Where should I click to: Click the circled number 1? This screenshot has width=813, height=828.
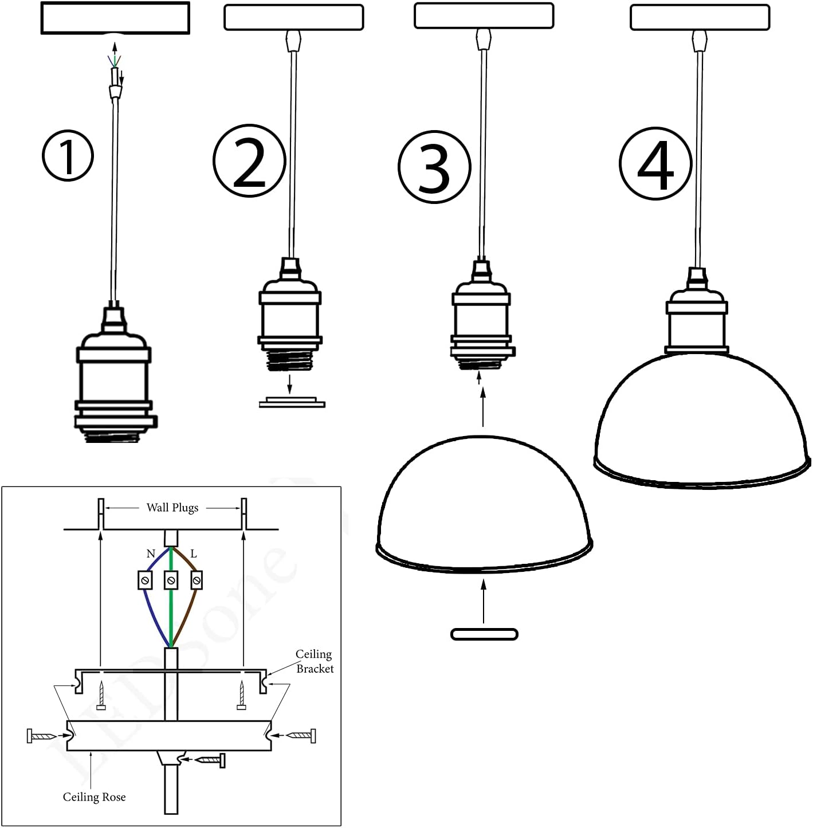point(68,156)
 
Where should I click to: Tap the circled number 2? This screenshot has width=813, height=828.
point(249,161)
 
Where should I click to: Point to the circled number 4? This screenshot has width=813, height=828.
point(655,164)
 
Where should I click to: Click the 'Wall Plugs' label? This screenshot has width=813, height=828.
point(172,508)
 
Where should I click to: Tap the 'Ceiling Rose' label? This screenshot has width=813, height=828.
point(94,797)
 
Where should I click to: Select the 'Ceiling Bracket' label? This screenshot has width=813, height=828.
point(314,661)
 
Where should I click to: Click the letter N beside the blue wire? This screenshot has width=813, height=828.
point(151,554)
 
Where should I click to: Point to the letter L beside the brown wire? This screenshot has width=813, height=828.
point(194,554)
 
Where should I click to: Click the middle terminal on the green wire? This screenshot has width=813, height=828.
point(171,580)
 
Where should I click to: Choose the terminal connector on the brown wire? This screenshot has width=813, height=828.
point(197,580)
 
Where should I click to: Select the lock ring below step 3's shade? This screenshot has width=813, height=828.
point(484,634)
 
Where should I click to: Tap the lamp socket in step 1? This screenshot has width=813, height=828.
point(115,378)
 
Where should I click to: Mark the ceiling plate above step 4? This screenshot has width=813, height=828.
point(700,17)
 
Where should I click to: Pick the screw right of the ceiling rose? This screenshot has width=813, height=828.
point(301,735)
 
